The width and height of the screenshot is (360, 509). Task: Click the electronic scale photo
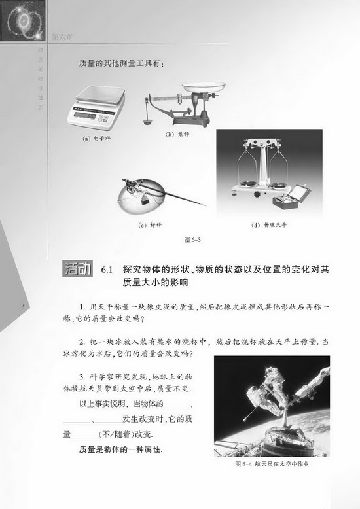96,105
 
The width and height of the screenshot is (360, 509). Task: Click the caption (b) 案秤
177,135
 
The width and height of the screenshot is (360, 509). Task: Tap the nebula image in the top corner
24,23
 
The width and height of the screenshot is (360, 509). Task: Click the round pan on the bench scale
204,86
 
